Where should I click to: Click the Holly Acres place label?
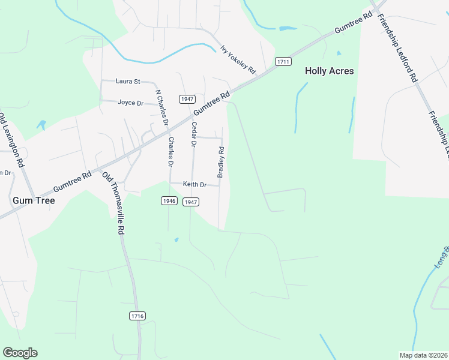pos(329,71)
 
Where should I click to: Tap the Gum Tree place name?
pos(33,200)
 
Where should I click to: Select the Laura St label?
pos(128,81)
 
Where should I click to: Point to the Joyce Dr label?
pos(130,103)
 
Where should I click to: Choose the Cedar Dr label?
pos(193,134)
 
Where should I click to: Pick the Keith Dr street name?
pos(194,185)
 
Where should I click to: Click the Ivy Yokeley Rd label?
pos(238,61)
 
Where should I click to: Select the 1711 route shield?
pos(283,62)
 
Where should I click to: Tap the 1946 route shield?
pos(169,200)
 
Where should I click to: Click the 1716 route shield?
pos(137,316)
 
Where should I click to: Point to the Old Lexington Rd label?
pos(12,139)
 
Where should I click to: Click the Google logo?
pos(20,352)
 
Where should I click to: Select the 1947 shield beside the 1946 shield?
pos(191,202)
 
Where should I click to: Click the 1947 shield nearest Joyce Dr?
pos(186,98)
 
